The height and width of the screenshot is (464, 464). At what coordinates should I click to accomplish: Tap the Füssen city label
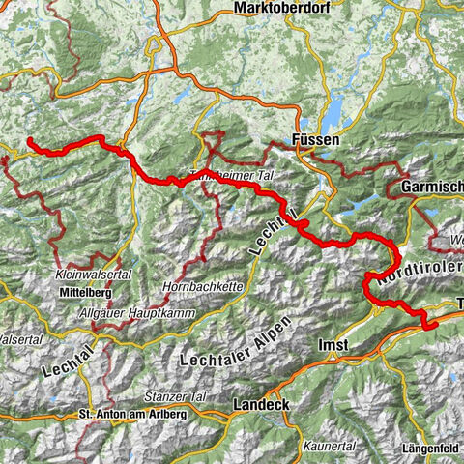(x=316, y=140)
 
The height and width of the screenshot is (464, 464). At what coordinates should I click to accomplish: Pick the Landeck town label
(x=260, y=404)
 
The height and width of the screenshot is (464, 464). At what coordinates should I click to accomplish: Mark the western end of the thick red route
(x=29, y=141)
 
